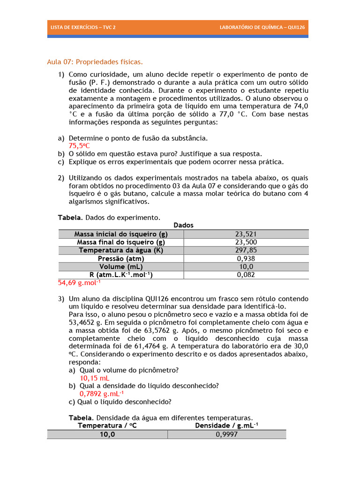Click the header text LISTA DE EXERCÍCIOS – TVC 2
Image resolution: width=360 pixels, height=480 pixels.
pos(82,27)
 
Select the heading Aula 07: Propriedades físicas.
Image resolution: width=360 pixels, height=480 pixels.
pos(95,62)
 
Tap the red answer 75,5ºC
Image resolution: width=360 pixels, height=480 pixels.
pos(79,146)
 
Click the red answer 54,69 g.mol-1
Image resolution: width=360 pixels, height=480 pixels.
pos(79,283)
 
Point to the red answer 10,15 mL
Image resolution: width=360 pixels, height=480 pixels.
pos(95,378)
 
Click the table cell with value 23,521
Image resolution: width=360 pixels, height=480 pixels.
pos(246,234)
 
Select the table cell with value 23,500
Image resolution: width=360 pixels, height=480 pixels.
pos(246,242)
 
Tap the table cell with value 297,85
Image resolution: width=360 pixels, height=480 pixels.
pos(246,250)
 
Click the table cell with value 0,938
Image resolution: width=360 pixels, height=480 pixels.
pos(246,259)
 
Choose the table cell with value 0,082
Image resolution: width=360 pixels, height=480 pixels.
pos(246,275)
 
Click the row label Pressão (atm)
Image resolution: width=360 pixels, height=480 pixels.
pos(121,259)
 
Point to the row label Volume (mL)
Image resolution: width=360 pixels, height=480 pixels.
pos(121,267)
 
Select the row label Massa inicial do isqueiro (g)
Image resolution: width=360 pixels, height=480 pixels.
pos(121,234)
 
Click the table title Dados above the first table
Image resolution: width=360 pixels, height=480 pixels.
pos(183,225)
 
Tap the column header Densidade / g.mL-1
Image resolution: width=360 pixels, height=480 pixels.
pos(226,426)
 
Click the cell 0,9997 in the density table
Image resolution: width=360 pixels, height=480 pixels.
pos(226,435)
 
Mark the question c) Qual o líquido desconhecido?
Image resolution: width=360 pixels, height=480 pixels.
pos(120,402)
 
